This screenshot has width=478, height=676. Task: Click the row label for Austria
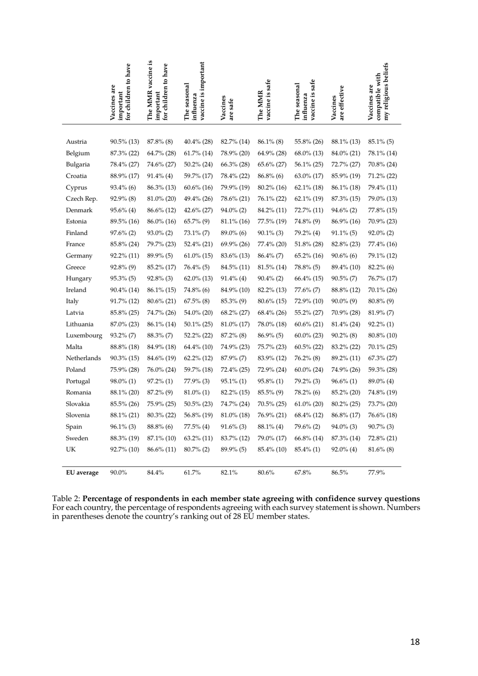(x=76, y=142)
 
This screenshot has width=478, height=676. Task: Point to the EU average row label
(x=83, y=473)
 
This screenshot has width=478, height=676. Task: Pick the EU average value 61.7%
(x=192, y=473)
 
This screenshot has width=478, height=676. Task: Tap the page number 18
(x=415, y=641)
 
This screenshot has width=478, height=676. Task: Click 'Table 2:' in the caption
(x=66, y=499)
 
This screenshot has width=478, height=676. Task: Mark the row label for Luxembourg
(x=84, y=335)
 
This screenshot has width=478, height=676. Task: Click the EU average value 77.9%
(x=376, y=473)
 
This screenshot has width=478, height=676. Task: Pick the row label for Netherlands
(x=83, y=358)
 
